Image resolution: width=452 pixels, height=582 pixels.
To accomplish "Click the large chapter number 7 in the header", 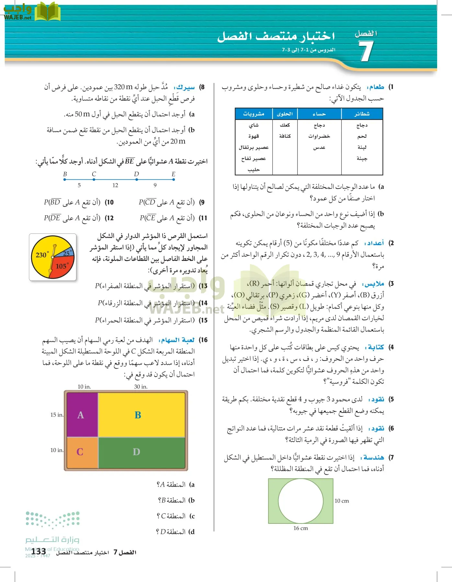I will point(366,51).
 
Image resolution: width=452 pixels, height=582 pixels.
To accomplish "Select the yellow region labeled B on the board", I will point(142,415).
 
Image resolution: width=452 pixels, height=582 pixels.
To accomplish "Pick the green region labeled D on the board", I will point(141,452).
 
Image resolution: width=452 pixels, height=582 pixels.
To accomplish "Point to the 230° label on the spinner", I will point(42,255).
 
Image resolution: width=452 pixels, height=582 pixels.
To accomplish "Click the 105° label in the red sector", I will point(62,266).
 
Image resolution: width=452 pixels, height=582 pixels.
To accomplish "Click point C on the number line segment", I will point(94,179).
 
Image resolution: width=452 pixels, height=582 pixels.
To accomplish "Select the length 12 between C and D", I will point(115,185).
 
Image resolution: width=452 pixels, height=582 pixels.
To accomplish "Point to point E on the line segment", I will point(174,179).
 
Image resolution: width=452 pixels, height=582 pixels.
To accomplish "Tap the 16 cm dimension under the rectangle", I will point(300,528).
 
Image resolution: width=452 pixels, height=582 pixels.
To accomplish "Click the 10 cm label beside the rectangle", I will point(342,501).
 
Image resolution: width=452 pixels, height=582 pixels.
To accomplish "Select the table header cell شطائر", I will point(362,114).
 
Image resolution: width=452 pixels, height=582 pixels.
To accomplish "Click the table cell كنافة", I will point(285,136).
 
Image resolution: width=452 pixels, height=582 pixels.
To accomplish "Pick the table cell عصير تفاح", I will point(254,158).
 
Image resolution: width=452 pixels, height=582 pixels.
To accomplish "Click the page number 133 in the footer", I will point(39,551).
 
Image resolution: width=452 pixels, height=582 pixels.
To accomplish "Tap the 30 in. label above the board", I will point(141,387).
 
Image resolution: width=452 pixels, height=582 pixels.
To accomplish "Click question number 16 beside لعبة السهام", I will point(203,340).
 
